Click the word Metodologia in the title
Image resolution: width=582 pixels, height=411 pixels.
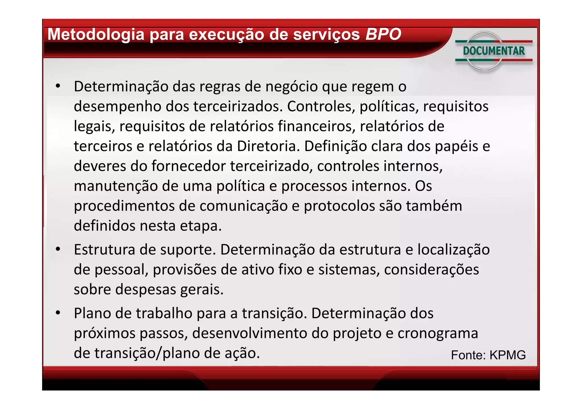tap(96, 35)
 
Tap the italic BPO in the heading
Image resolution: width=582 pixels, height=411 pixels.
tap(383, 34)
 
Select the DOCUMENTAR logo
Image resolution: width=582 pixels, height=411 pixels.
tap(494, 51)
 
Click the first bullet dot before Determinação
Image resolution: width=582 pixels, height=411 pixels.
tap(58, 86)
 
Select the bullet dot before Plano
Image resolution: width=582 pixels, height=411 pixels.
tap(58, 313)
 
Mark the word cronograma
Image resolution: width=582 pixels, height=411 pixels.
tap(438, 333)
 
